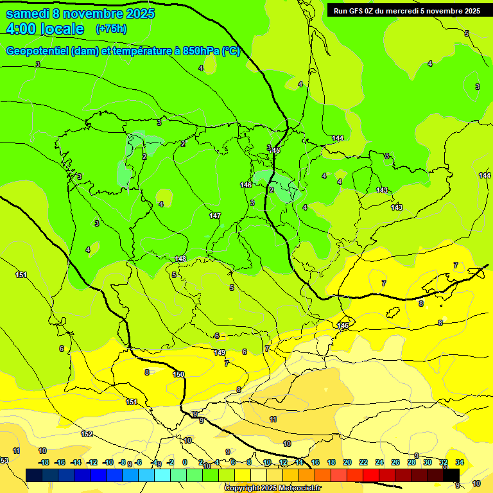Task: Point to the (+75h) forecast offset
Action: point(111,29)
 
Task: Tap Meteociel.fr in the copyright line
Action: point(293,489)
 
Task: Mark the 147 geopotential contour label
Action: point(215,216)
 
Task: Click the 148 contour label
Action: point(180,259)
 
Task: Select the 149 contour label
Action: point(220,352)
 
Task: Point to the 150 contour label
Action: point(178,374)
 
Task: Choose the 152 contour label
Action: point(87,435)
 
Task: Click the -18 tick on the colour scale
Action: point(44,462)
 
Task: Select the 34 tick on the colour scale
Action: point(460,462)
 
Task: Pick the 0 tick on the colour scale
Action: point(185,462)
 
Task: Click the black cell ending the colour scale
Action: point(452,474)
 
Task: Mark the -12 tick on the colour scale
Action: point(92,462)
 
